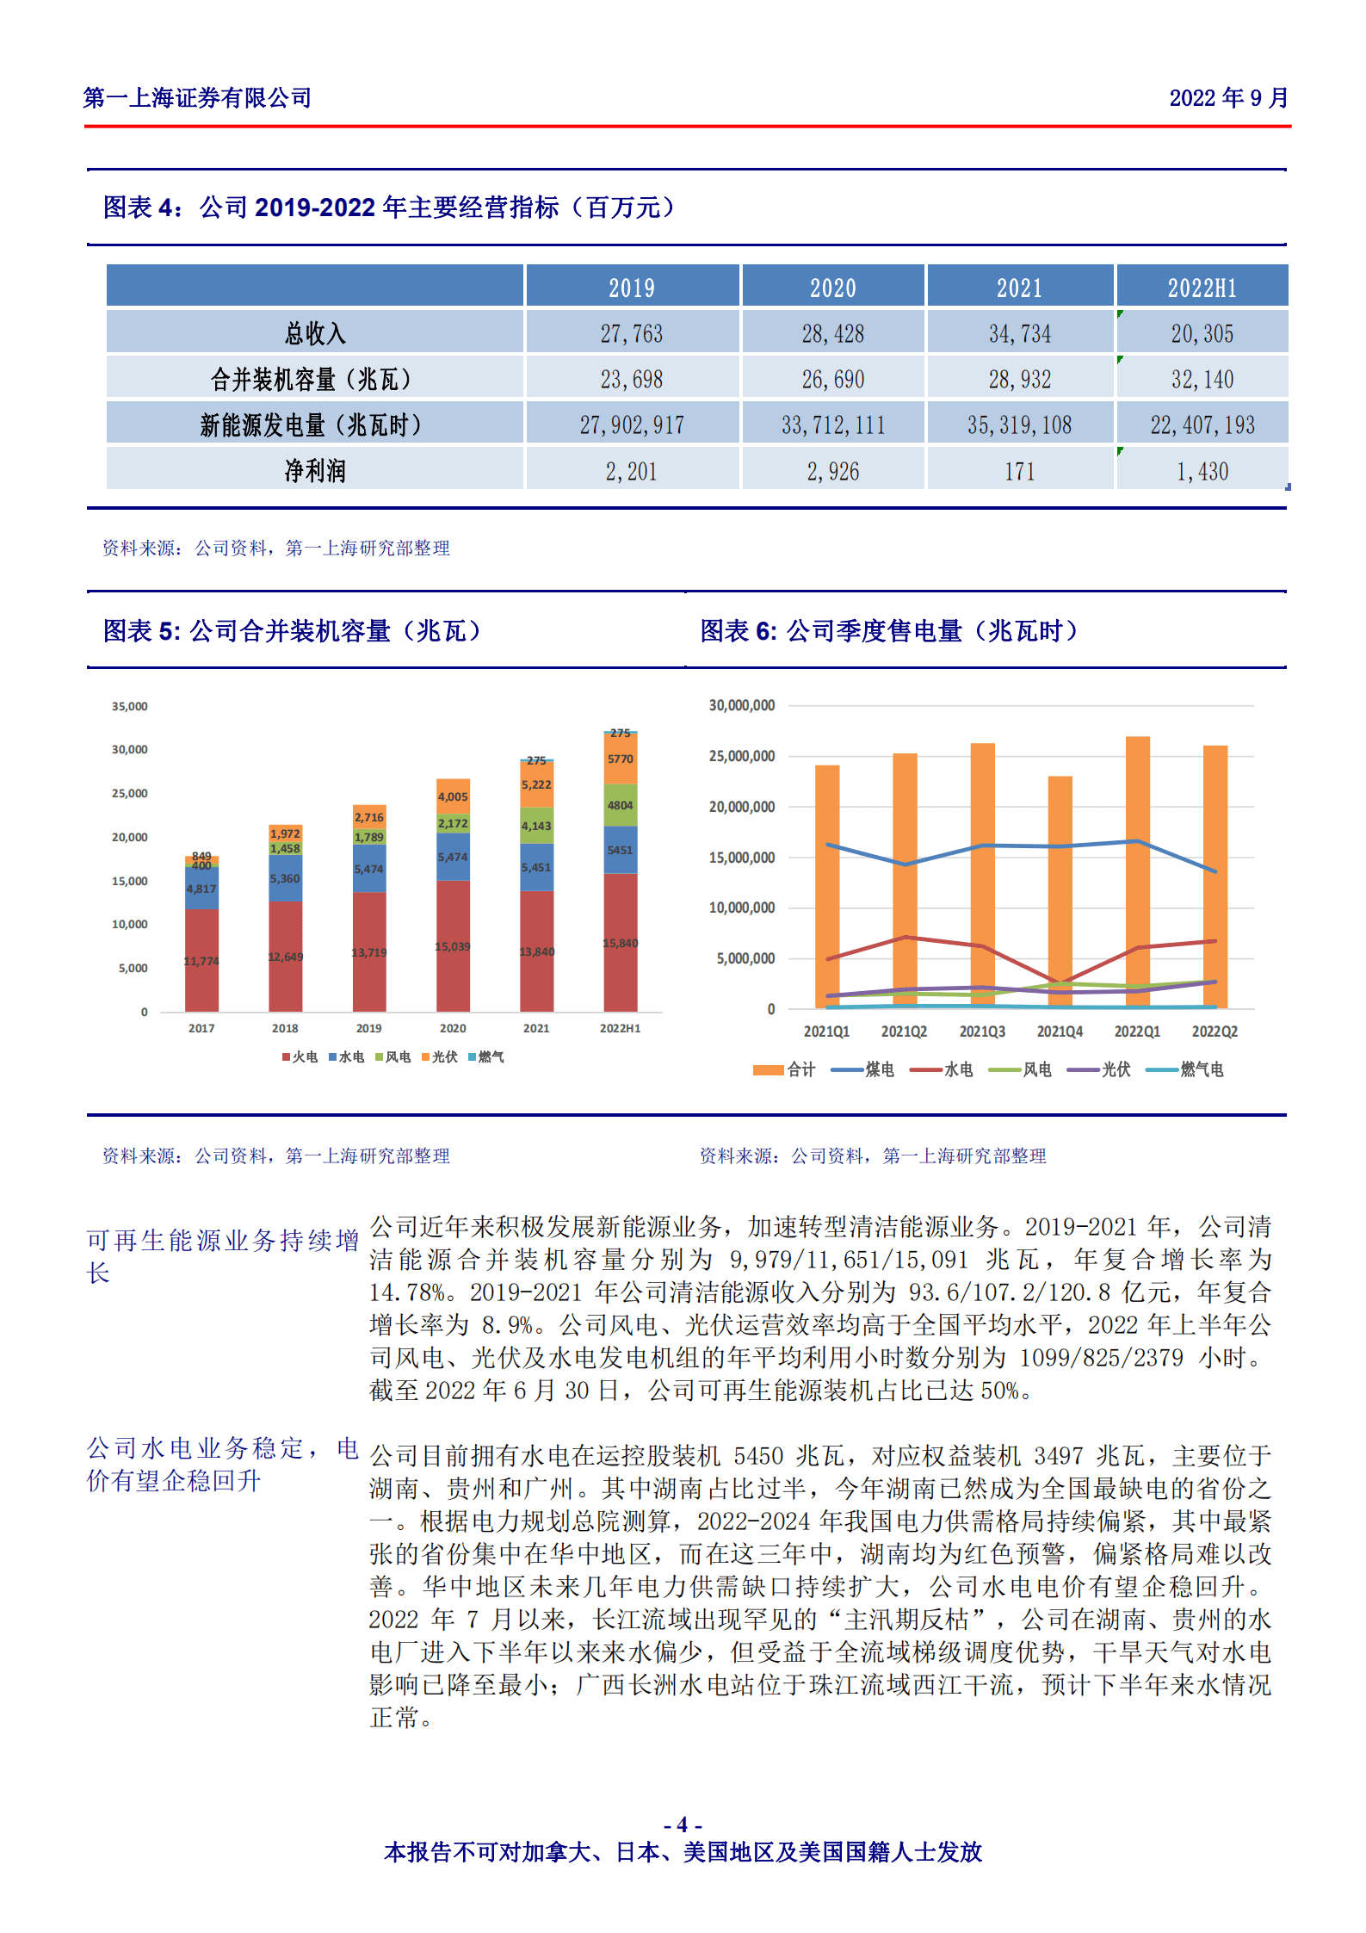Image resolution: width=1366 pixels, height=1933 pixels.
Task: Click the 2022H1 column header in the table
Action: click(1202, 288)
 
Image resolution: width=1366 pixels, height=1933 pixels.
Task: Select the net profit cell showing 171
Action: click(1019, 471)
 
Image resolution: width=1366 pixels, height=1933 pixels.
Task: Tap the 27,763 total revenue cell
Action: click(632, 333)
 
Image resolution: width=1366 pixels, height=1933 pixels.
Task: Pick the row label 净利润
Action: click(315, 471)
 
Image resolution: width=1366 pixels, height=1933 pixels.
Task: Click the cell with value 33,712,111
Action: click(832, 424)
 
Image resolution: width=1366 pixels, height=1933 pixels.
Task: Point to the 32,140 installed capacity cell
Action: click(1202, 379)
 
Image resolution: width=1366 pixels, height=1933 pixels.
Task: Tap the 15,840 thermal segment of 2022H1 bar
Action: click(620, 943)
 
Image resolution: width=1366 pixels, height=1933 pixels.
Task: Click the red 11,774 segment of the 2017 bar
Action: click(201, 960)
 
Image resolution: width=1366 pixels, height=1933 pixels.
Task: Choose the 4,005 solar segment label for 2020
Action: click(453, 796)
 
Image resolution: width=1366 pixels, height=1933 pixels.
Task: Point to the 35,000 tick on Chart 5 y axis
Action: click(129, 706)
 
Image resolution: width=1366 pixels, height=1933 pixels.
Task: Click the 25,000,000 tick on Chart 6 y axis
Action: click(741, 756)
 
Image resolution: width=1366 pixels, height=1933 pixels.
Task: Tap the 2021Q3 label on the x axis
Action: click(981, 1032)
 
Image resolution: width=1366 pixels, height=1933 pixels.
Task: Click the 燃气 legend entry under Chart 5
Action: click(486, 1056)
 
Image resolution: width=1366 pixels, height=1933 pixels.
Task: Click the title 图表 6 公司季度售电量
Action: click(888, 631)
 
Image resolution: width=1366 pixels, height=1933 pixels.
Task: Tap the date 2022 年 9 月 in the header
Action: click(1227, 98)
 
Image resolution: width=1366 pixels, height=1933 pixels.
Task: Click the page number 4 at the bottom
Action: click(682, 1825)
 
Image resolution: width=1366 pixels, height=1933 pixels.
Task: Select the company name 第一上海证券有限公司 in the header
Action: click(197, 98)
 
